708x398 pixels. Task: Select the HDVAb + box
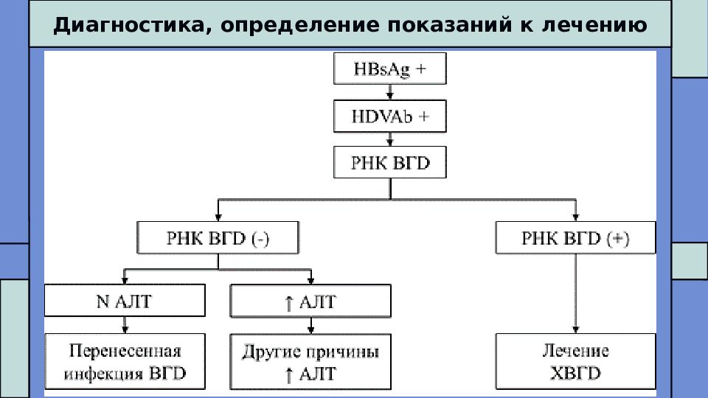click(x=390, y=116)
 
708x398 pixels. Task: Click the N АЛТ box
click(x=125, y=301)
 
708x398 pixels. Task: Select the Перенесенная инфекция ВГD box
click(x=125, y=361)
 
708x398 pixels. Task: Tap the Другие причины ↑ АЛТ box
click(x=310, y=362)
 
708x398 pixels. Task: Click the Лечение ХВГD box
click(x=575, y=361)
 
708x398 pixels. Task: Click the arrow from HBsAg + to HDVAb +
click(x=390, y=92)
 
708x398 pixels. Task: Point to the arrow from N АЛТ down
click(x=125, y=325)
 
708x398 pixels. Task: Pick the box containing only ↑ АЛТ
click(x=310, y=301)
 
